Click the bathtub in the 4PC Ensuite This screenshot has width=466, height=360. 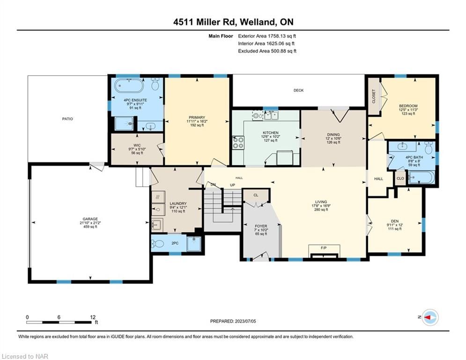pos(129,86)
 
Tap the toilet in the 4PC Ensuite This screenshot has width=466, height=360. pos(155,84)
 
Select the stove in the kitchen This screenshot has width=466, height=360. pos(238,142)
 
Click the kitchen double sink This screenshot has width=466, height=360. pos(271,115)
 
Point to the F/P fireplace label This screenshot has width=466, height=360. pos(324,247)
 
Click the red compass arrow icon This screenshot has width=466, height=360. pos(430,317)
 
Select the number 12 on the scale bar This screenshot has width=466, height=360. pos(93,317)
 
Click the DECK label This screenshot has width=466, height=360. pos(298,90)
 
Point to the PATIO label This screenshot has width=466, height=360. pos(67,119)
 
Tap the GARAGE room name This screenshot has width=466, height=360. pos(90,219)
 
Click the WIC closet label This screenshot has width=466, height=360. pos(137,145)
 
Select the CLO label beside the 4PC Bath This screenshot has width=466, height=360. pos(400,179)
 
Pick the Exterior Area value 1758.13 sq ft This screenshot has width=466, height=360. pos(282,36)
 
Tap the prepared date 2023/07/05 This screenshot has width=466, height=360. pos(245,321)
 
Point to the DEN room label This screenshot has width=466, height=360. pos(395,221)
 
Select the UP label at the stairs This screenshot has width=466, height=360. pos(232,185)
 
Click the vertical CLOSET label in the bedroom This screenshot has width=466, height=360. pos(374,97)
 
